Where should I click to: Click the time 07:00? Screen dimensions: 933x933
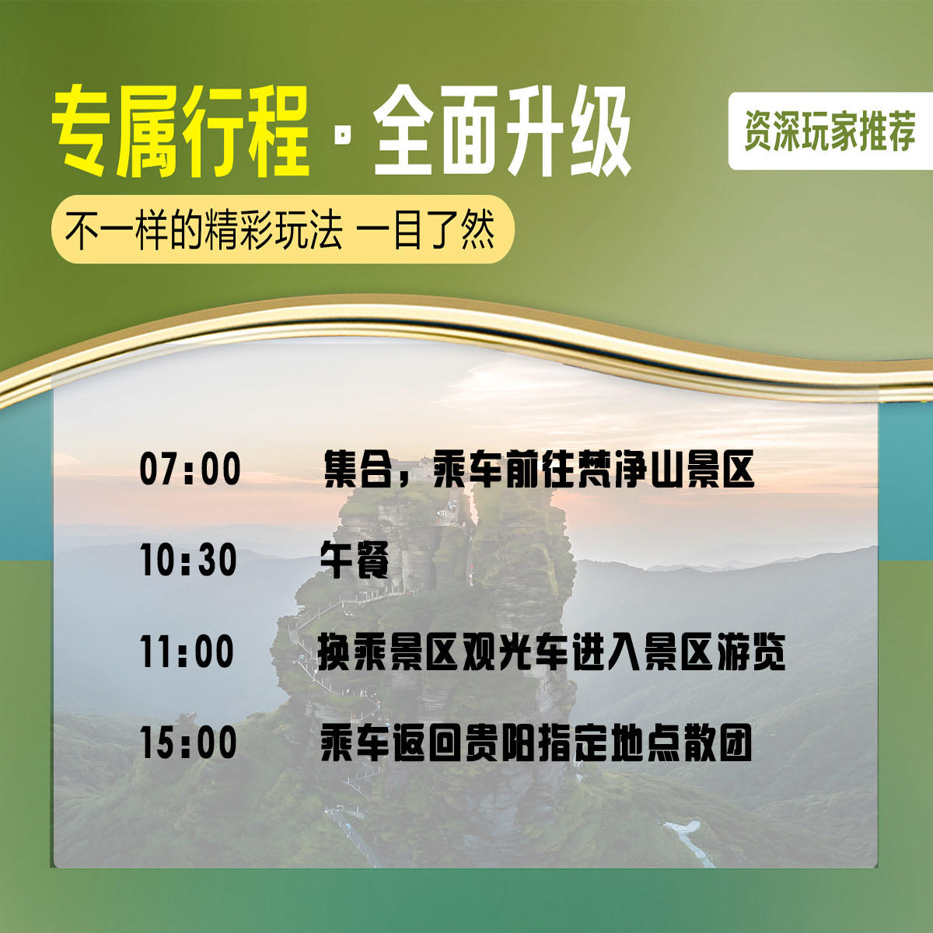(190, 470)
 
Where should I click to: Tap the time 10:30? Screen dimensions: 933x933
(188, 561)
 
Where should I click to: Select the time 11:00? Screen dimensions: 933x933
(187, 652)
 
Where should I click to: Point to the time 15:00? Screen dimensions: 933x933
(188, 743)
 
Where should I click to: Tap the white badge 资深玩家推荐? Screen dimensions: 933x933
(830, 131)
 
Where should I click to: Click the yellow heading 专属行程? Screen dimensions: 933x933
(180, 132)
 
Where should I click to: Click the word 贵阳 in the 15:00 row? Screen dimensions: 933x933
(501, 743)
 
